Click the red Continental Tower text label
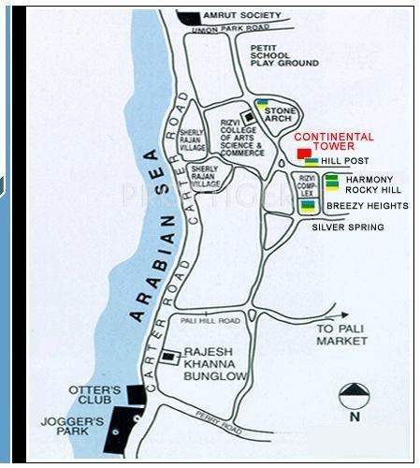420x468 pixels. pyautogui.click(x=340, y=142)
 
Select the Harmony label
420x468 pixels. pyautogui.click(x=369, y=179)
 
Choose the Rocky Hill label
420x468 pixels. pyautogui.click(x=371, y=190)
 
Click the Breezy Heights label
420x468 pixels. pyautogui.click(x=367, y=205)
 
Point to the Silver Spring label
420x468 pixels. pyautogui.click(x=347, y=227)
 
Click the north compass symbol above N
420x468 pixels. pyautogui.click(x=355, y=393)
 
